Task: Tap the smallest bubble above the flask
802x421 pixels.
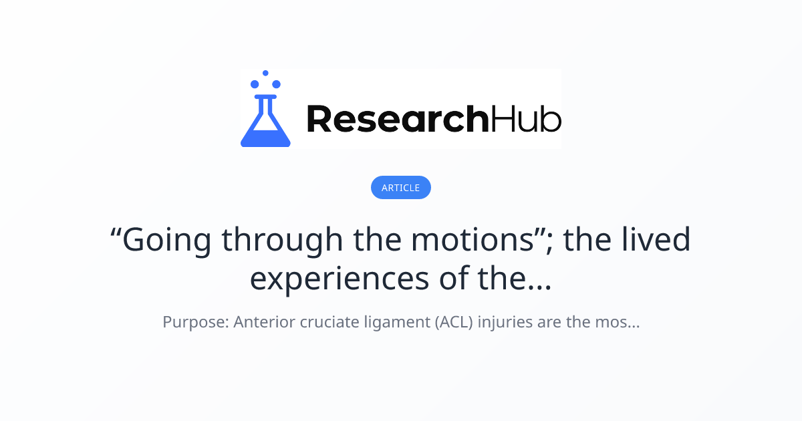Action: click(265, 73)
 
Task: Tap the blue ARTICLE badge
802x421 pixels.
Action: click(400, 188)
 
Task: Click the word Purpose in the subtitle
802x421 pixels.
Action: click(195, 323)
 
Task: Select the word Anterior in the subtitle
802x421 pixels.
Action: click(265, 323)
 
